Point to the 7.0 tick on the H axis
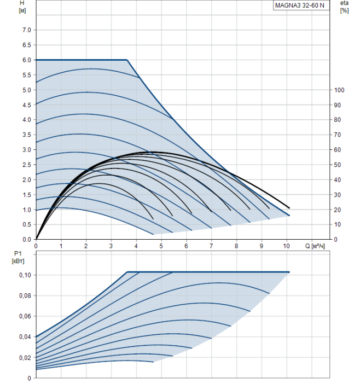pos(26,30)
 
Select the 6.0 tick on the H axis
pos(26,60)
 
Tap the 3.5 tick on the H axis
pos(26,135)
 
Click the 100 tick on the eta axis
pos(339,90)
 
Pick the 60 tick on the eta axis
pos(338,150)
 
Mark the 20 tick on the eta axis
pos(338,210)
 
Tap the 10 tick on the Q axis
pos(286,246)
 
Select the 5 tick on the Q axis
pos(161,246)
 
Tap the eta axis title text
pos(344,3)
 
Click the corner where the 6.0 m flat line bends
pos(127,60)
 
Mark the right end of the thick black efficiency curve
pos(289,208)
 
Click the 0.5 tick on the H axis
pos(26,224)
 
